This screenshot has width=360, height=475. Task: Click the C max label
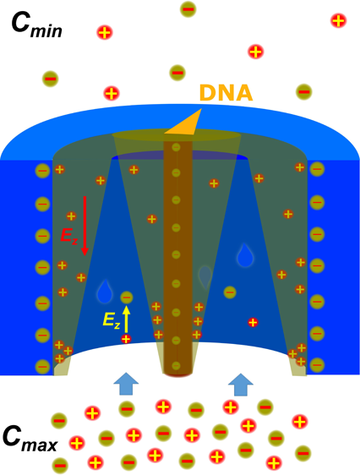(x=30, y=439)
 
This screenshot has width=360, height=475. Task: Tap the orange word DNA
(x=226, y=93)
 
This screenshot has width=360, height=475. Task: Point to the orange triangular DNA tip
(x=185, y=123)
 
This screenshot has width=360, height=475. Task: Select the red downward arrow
(x=85, y=226)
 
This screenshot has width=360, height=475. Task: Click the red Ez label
(x=69, y=236)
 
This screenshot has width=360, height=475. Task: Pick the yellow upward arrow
(x=127, y=319)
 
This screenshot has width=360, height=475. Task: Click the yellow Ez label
(x=112, y=319)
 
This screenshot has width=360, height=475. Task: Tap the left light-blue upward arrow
(x=126, y=384)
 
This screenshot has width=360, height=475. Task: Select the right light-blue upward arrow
(x=241, y=385)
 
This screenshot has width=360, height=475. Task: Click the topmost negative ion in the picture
(x=188, y=9)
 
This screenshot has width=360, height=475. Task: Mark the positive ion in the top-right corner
(x=338, y=21)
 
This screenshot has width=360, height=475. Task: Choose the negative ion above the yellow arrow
(x=127, y=298)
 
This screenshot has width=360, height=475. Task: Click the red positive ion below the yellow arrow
(x=126, y=339)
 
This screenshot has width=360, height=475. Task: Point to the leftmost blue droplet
(x=105, y=292)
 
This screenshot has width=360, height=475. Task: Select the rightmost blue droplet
(x=245, y=255)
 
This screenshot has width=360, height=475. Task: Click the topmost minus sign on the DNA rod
(x=176, y=148)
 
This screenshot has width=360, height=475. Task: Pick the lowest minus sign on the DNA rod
(x=176, y=365)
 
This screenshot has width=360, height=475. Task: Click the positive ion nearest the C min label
(x=105, y=32)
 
